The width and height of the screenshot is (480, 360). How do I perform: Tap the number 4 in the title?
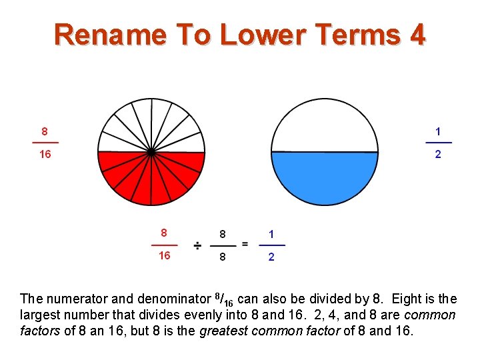click(417, 34)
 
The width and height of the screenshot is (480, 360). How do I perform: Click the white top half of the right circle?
click(325, 127)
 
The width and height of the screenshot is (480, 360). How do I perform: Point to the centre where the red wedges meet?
click(151, 153)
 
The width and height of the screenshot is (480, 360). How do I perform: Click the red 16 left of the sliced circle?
click(45, 154)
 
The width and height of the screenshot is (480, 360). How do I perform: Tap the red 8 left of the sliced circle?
click(45, 131)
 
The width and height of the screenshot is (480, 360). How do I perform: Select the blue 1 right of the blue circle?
click(438, 131)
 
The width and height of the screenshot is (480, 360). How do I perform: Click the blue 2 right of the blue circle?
click(438, 154)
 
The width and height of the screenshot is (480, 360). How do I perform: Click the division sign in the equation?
click(198, 246)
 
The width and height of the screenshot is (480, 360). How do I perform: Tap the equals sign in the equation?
click(245, 244)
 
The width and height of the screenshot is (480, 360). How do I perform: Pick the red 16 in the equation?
click(164, 256)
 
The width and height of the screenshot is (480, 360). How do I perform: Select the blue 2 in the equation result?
click(271, 257)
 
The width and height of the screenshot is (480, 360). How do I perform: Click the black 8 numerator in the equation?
click(223, 234)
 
